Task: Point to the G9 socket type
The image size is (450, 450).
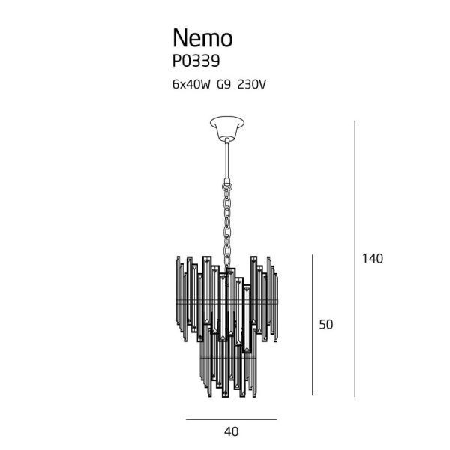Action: point(223,85)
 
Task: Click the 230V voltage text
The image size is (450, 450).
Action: point(251,85)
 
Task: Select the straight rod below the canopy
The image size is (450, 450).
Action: point(226,157)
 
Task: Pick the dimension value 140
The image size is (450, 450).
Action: point(373,259)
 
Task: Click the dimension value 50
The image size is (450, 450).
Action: point(325,325)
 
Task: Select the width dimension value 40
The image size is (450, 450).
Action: point(231,431)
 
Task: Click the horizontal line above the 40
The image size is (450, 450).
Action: point(231,418)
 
